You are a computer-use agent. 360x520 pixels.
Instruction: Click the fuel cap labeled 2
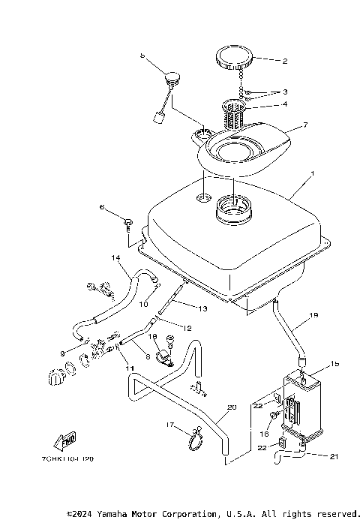pyautogui.click(x=233, y=57)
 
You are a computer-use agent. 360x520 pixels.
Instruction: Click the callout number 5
pyautogui.click(x=142, y=56)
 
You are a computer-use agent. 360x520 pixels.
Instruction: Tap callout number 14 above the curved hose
pyautogui.click(x=116, y=258)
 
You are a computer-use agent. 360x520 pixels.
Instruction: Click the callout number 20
pyautogui.click(x=231, y=407)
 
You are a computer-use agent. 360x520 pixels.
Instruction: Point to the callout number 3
pyautogui.click(x=285, y=92)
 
